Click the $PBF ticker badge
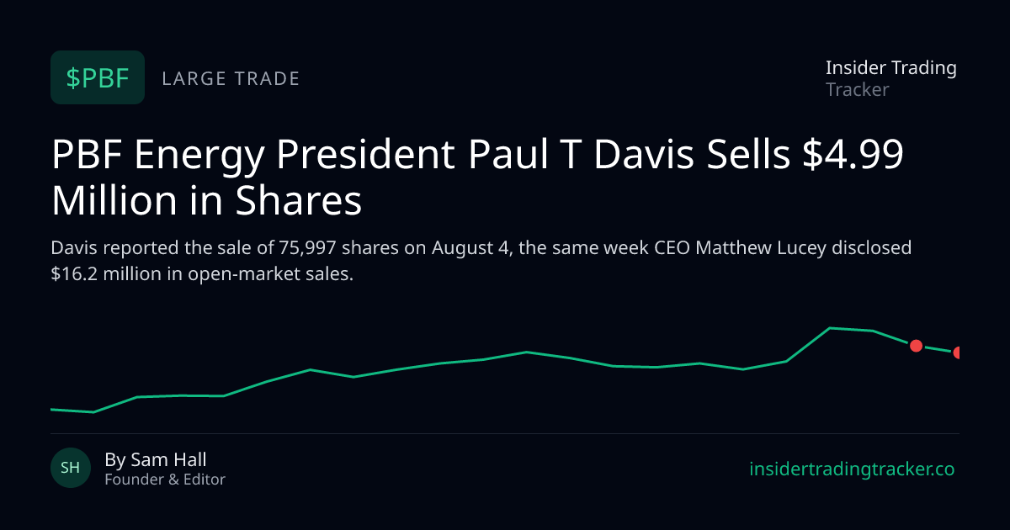98,77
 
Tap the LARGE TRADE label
231,79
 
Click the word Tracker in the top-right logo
857,90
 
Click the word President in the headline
365,154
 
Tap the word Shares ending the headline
299,200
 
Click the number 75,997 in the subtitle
307,248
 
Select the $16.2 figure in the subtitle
74,274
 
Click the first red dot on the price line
917,346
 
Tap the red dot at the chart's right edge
956,352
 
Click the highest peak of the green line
830,328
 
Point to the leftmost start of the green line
51,410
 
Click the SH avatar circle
71,468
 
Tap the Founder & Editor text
165,480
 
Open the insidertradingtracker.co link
852,469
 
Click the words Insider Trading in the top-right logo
891,68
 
